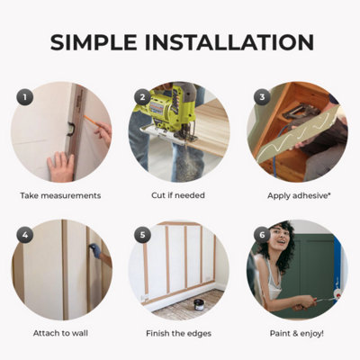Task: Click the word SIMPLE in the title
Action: click(95, 42)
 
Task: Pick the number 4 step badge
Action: click(26, 235)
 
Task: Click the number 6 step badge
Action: click(262, 235)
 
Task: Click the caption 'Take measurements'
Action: click(60, 194)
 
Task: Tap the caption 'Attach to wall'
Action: click(60, 333)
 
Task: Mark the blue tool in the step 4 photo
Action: click(94, 264)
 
